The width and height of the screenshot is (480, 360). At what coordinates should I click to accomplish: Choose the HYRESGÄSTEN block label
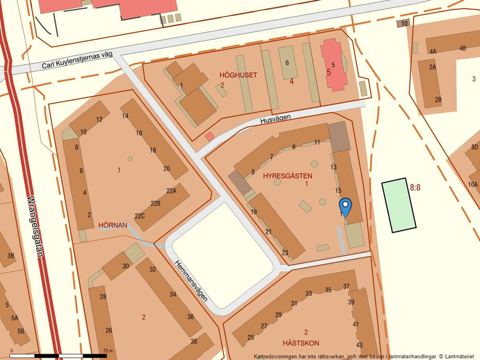pyautogui.click(x=287, y=175)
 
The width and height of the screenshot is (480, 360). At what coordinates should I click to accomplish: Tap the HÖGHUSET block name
pyautogui.click(x=238, y=75)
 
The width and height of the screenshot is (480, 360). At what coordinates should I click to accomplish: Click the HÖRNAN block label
pyautogui.click(x=113, y=225)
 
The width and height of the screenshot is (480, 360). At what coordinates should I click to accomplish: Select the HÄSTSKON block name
pyautogui.click(x=301, y=343)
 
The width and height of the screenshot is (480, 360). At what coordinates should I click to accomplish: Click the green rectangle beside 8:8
pyautogui.click(x=399, y=205)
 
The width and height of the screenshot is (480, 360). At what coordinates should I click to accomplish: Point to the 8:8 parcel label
pyautogui.click(x=415, y=187)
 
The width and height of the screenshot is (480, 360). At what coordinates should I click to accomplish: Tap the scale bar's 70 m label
pyautogui.click(x=107, y=351)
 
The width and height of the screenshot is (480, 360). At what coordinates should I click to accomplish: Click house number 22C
pyautogui.click(x=140, y=216)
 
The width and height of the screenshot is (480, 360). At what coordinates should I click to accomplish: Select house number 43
pyautogui.click(x=359, y=345)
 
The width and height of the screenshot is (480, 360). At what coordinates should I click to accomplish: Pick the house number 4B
pyautogui.click(x=463, y=48)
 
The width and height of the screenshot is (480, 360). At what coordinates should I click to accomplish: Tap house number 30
pyautogui.click(x=126, y=266)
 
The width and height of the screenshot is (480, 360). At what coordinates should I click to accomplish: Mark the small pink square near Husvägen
pyautogui.click(x=209, y=136)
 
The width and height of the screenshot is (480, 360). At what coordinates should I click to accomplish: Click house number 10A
pyautogui.click(x=472, y=184)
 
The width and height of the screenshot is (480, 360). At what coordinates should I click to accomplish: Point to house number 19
pyautogui.click(x=254, y=212)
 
